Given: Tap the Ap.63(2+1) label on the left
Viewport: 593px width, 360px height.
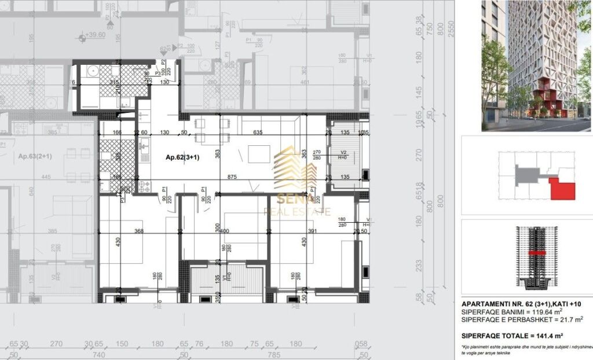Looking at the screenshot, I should coord(32,157).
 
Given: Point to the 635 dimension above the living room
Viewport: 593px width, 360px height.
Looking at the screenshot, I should coord(258,133).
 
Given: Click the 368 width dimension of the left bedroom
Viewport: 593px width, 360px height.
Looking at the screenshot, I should coord(138,232).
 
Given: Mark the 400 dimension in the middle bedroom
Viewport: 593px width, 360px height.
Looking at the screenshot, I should coord(224,232).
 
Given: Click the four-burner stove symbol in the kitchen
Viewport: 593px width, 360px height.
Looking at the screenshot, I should coord(143,186).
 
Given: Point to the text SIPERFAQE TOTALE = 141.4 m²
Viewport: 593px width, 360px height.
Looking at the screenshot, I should coord(512,336).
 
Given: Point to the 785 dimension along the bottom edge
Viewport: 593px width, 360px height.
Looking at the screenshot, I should coord(273,354).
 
